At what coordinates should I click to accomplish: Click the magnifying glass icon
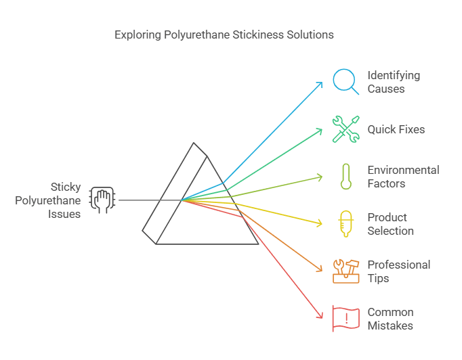[x=345, y=81]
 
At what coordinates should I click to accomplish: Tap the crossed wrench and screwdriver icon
[x=345, y=129]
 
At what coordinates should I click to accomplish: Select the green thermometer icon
[x=346, y=177]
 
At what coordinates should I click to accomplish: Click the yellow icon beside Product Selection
[x=346, y=224]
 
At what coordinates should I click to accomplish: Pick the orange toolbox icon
[x=346, y=271]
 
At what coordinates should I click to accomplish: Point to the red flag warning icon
[x=345, y=319]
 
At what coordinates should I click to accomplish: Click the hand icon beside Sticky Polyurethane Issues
[x=102, y=200]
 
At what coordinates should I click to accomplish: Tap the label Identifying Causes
[x=394, y=82]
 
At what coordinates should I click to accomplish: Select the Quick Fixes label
[x=396, y=129]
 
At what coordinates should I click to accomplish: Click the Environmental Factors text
[x=403, y=177]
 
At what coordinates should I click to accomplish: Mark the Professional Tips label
[x=398, y=271]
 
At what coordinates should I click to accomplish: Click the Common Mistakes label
[x=390, y=319]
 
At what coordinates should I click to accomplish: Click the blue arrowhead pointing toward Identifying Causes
[x=320, y=84]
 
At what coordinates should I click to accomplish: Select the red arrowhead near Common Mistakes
[x=321, y=316]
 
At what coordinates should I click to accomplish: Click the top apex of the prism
[x=194, y=143]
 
